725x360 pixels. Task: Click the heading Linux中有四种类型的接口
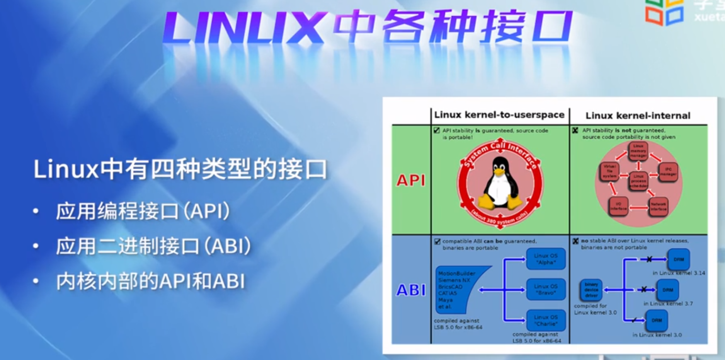pyautogui.click(x=180, y=170)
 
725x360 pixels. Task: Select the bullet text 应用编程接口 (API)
pyautogui.click(x=143, y=211)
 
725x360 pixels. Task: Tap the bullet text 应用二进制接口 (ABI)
pyautogui.click(x=153, y=246)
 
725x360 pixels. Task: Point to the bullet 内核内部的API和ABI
pyautogui.click(x=150, y=282)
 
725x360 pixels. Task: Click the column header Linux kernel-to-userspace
pyautogui.click(x=499, y=115)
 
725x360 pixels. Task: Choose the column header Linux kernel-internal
pyautogui.click(x=638, y=116)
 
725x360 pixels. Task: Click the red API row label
pyautogui.click(x=411, y=181)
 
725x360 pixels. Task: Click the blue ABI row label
pyautogui.click(x=411, y=290)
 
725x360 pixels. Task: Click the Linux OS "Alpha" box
pyautogui.click(x=546, y=259)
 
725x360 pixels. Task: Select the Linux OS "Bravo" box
pyautogui.click(x=546, y=289)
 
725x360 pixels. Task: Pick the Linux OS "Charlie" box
pyautogui.click(x=546, y=320)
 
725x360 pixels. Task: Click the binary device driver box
pyautogui.click(x=591, y=290)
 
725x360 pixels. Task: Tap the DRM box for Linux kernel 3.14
pyautogui.click(x=679, y=259)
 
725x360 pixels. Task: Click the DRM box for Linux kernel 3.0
pyautogui.click(x=657, y=320)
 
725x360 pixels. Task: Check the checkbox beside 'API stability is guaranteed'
pyautogui.click(x=436, y=130)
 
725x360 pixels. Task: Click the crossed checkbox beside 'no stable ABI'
pyautogui.click(x=575, y=241)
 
